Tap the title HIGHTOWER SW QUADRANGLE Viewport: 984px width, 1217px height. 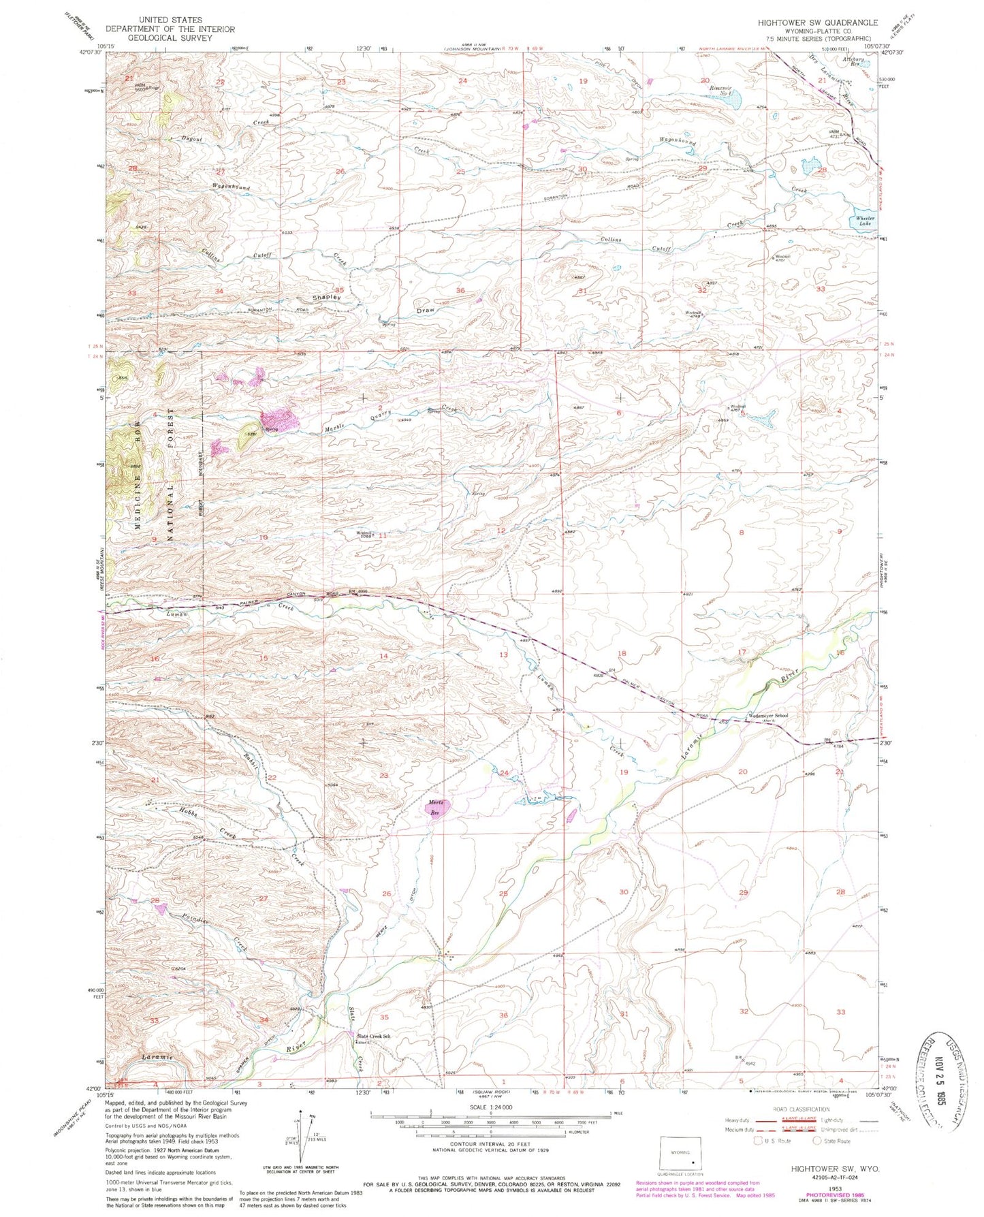(x=817, y=22)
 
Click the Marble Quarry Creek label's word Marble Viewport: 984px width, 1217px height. (x=334, y=430)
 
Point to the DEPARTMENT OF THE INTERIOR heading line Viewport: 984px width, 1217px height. (x=170, y=29)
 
